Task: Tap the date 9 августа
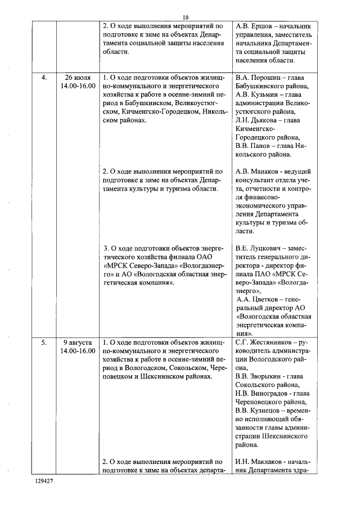point(78,342)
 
